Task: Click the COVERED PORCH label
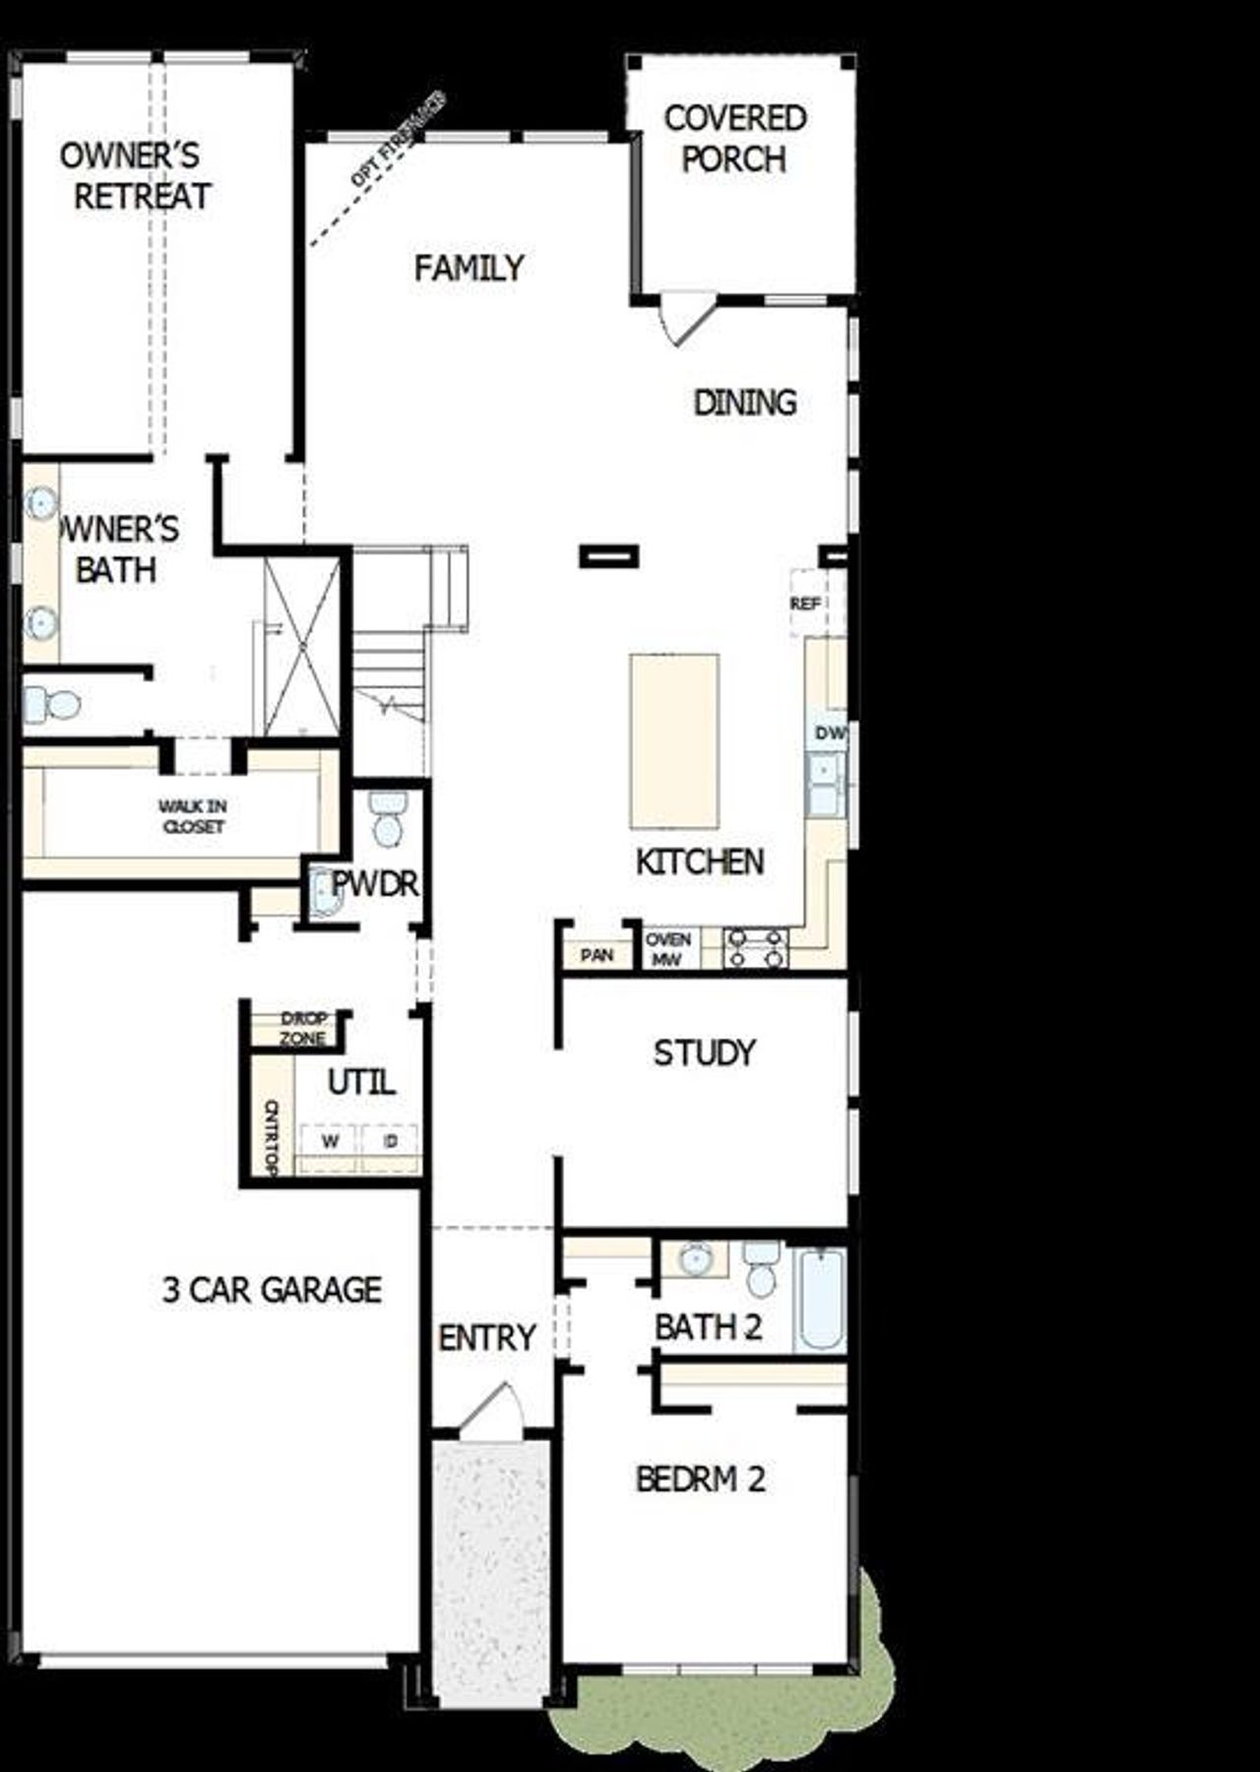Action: (734, 139)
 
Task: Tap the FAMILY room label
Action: (469, 268)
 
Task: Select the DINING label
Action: (745, 403)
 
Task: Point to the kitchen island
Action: (674, 741)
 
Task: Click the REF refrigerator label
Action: (805, 603)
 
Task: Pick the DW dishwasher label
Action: (830, 733)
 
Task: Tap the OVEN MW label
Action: (668, 949)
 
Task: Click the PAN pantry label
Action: (597, 955)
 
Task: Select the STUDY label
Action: (705, 1053)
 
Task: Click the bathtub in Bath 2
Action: (820, 1298)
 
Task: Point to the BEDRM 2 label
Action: (700, 1480)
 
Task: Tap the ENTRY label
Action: (487, 1338)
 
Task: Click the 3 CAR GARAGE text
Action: (272, 1290)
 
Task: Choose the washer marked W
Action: (331, 1142)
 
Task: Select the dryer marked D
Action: (391, 1142)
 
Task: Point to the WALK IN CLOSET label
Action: (193, 817)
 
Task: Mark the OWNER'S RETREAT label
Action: (135, 176)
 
